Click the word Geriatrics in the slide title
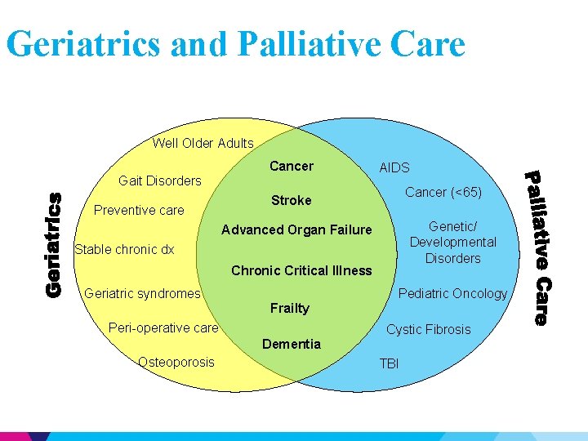83,44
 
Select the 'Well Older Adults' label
203,143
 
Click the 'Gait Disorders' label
160,180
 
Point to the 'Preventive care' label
139,210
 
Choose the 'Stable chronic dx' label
124,249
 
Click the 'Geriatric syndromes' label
143,293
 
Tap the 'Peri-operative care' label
163,327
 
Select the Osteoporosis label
176,362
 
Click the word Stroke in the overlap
292,200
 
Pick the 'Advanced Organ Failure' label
296,229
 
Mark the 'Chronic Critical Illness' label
301,270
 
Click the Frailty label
290,308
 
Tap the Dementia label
292,344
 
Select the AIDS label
394,167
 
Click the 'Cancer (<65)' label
444,193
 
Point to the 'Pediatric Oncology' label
452,293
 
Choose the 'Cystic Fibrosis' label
429,329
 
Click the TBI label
390,363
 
